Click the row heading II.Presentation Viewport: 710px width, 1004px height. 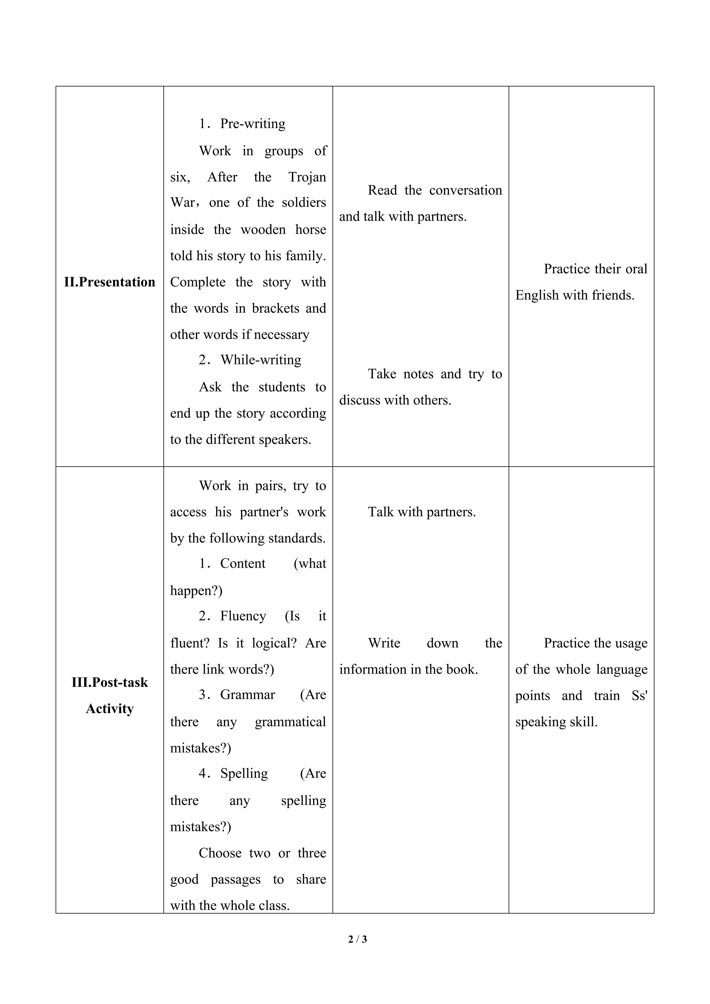coord(110,282)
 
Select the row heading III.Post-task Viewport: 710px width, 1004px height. coord(110,682)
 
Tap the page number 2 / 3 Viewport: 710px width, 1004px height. coord(358,939)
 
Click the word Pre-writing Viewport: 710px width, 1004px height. coord(253,124)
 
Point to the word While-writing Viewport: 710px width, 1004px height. coord(261,360)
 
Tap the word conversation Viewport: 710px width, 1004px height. coord(465,190)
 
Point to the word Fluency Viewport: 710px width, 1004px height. coord(243,616)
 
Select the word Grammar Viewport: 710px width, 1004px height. coord(248,695)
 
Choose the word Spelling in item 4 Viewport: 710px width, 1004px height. coord(244,774)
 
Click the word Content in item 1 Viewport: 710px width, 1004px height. coord(243,564)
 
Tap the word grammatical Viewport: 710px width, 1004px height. coord(290,722)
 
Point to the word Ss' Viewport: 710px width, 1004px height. coord(639,696)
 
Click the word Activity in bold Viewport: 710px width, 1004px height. coord(110,708)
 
